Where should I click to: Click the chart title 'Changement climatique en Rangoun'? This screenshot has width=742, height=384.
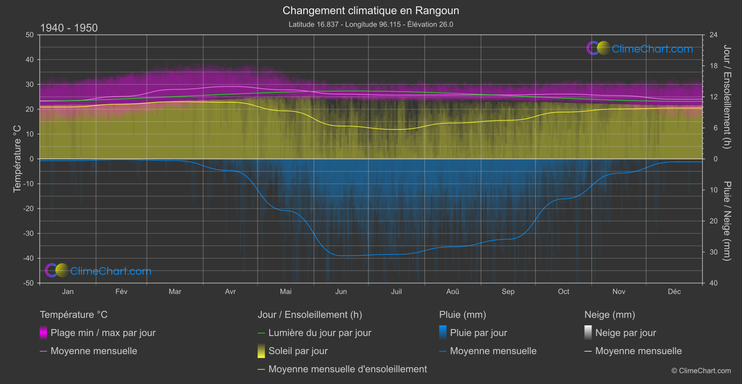coord(371,11)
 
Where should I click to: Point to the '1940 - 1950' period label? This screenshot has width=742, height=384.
coord(69,28)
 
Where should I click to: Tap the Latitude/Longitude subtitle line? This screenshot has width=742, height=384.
coord(371,24)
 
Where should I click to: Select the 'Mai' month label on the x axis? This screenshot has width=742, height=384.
coord(286,291)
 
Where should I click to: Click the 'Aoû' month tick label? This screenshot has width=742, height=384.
coord(452,291)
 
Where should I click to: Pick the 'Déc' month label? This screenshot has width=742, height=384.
coord(674,291)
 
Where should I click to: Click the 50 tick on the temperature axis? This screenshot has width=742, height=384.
coord(30,35)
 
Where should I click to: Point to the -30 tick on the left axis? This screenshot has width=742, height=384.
coord(28,233)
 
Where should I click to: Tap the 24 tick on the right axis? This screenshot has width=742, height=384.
coord(713,35)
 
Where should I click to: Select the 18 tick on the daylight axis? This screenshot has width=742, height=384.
coord(713,66)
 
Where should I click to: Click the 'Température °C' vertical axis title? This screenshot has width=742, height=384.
coord(17,159)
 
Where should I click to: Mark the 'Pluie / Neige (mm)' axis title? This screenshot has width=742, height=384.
coord(727,221)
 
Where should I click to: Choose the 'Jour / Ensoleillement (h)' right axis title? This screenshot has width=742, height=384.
coord(727,97)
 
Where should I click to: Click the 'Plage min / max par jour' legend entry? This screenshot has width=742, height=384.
coord(103,333)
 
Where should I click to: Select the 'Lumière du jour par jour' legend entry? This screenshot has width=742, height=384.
coord(320,333)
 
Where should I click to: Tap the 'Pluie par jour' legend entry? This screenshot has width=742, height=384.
coord(478,333)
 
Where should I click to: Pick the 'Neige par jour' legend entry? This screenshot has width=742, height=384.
coord(626,333)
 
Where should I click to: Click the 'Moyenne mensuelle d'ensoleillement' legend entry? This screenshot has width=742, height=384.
coord(347,369)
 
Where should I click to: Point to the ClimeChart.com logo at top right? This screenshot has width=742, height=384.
coord(640,48)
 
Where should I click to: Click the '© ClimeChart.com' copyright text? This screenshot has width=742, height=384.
coord(701,371)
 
